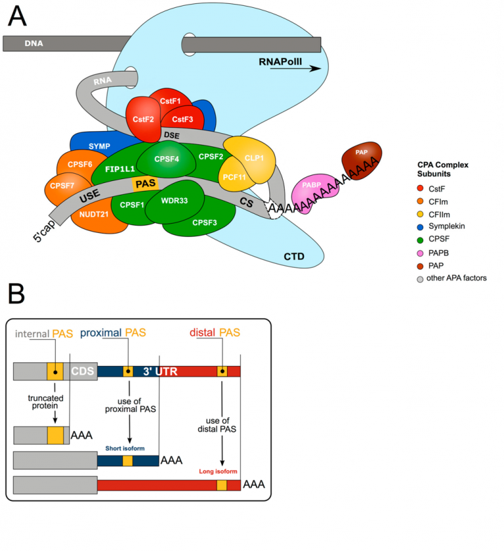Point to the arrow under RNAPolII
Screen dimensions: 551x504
pyautogui.click(x=304, y=68)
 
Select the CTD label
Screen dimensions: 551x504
pyautogui.click(x=293, y=256)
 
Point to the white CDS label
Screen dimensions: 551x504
pyautogui.click(x=83, y=371)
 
